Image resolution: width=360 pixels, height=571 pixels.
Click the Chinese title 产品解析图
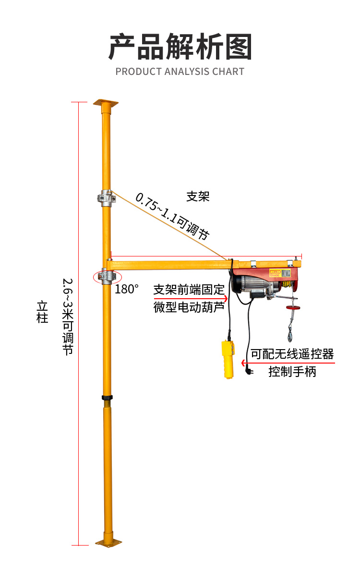pos(180,47)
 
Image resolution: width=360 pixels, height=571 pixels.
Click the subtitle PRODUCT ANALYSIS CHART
pos(180,72)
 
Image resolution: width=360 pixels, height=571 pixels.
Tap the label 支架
pos(198,196)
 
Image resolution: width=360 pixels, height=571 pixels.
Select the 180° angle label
pos(127,289)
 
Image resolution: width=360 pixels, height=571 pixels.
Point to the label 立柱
pos(43,312)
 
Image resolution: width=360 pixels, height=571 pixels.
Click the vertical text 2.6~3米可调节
pos(68,316)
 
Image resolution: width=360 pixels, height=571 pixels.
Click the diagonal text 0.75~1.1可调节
pos(172,216)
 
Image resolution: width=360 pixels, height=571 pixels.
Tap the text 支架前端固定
pos(189,290)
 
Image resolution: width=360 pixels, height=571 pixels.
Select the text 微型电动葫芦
pos(189,307)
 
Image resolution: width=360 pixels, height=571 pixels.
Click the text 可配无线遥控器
pos(292,354)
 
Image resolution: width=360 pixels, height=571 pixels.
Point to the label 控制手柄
pos(292,371)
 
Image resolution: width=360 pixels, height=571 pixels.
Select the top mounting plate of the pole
pos(106,103)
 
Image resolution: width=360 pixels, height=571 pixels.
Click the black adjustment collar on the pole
pos(107,398)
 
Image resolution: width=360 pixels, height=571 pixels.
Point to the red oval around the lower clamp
pos(107,277)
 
